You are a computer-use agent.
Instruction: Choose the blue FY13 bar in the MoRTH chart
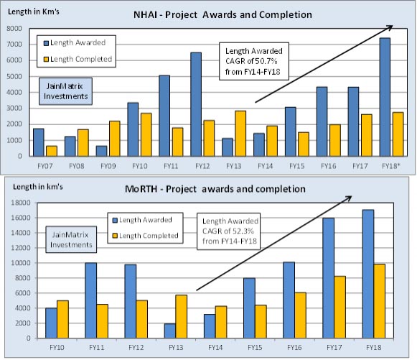(x=171, y=331)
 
